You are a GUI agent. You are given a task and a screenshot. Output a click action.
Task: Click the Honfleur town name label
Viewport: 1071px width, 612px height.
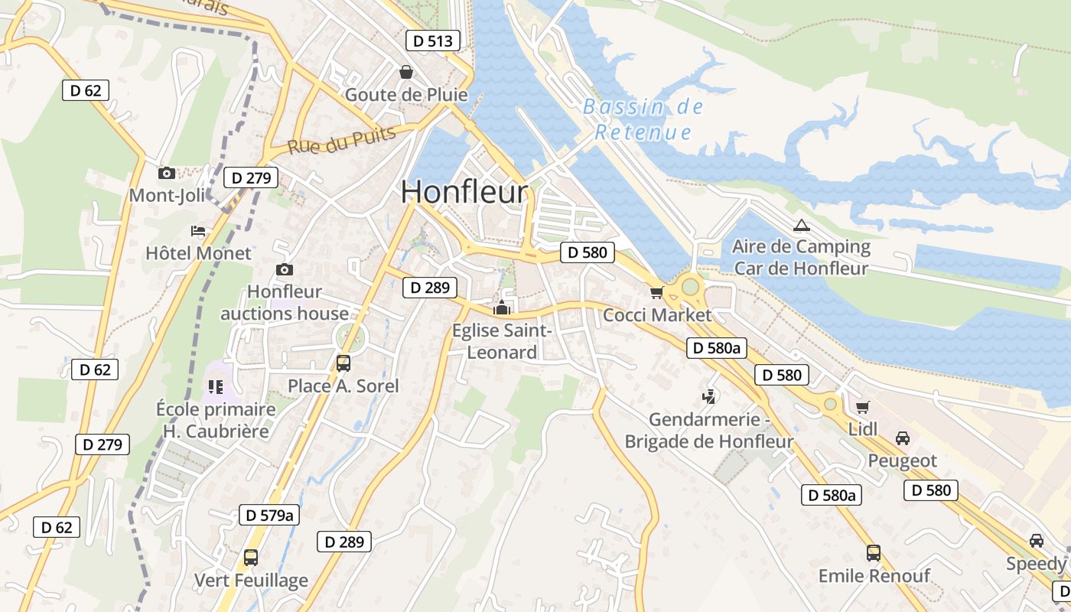tap(464, 192)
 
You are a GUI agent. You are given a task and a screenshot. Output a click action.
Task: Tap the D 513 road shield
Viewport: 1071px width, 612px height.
tap(433, 41)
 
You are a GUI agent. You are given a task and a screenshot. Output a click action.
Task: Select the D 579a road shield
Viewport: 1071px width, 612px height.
tap(269, 515)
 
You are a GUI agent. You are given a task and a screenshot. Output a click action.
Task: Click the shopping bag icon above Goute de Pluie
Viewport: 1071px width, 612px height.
tap(405, 72)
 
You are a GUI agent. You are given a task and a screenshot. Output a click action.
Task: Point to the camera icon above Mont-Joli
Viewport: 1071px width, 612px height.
tap(166, 174)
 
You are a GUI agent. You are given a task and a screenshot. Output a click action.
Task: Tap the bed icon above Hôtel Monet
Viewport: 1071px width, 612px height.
tap(198, 230)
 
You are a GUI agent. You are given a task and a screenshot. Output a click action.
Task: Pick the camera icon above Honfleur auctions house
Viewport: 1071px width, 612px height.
tap(285, 269)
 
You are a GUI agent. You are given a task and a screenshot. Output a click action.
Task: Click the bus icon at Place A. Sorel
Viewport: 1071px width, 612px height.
tap(343, 363)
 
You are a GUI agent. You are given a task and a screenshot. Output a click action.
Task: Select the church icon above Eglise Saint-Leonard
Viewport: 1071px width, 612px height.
tap(502, 308)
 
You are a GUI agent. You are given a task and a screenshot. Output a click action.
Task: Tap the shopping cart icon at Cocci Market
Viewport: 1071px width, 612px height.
tap(656, 292)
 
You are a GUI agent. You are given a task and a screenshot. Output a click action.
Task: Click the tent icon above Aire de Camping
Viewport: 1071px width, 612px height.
tap(801, 225)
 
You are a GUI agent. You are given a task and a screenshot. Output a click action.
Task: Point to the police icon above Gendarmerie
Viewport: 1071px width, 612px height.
tap(709, 396)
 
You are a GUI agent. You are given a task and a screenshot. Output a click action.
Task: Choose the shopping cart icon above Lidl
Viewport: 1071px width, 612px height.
tap(863, 407)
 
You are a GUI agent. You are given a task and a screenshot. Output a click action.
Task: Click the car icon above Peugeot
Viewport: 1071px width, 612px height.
tap(903, 438)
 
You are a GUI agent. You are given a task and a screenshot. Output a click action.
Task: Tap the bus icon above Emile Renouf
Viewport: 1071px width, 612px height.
tap(874, 552)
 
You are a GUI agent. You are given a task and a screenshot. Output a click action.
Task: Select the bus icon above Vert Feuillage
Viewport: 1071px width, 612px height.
tap(251, 557)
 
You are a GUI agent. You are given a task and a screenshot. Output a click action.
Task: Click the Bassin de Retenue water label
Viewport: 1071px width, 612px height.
tap(643, 119)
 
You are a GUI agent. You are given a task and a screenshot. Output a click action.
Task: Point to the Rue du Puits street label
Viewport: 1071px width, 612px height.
tap(342, 140)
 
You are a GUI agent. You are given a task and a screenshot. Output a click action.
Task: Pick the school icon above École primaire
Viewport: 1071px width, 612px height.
tap(215, 387)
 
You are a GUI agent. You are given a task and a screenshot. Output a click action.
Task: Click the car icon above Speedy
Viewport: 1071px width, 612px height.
tap(1037, 541)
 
